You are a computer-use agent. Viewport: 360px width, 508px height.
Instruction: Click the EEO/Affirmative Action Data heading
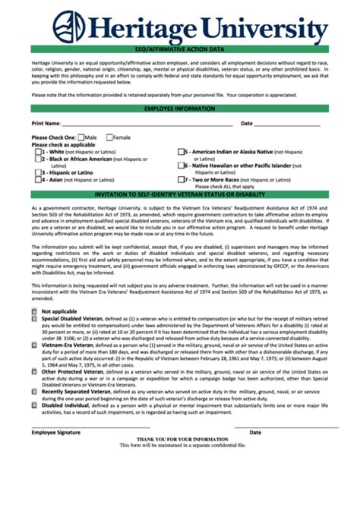pyautogui.click(x=180, y=49)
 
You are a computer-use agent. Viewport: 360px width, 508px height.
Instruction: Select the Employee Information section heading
pyautogui.click(x=180, y=109)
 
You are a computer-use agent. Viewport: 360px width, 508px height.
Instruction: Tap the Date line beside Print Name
pyautogui.click(x=292, y=125)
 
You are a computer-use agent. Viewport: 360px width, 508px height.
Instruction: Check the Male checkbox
pyautogui.click(x=81, y=137)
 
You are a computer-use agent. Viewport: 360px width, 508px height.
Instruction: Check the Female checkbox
pyautogui.click(x=109, y=137)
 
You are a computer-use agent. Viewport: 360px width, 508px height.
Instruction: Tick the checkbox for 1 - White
pyautogui.click(x=39, y=152)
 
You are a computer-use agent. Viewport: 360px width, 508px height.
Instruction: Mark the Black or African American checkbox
pyautogui.click(x=39, y=159)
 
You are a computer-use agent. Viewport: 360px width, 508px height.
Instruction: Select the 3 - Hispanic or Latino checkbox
pyautogui.click(x=39, y=172)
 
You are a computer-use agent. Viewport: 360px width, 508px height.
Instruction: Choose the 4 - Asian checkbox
pyautogui.click(x=39, y=180)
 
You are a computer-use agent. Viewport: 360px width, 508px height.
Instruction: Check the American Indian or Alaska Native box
pyautogui.click(x=182, y=152)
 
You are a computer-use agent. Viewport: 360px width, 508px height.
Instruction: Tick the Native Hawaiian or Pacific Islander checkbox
pyautogui.click(x=182, y=166)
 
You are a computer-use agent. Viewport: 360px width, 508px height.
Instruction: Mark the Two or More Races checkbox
pyautogui.click(x=182, y=180)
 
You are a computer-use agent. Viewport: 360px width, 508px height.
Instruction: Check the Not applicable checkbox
pyautogui.click(x=35, y=311)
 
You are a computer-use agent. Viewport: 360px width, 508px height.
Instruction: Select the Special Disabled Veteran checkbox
pyautogui.click(x=35, y=319)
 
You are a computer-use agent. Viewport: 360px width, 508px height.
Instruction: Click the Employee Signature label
pyautogui.click(x=55, y=432)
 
